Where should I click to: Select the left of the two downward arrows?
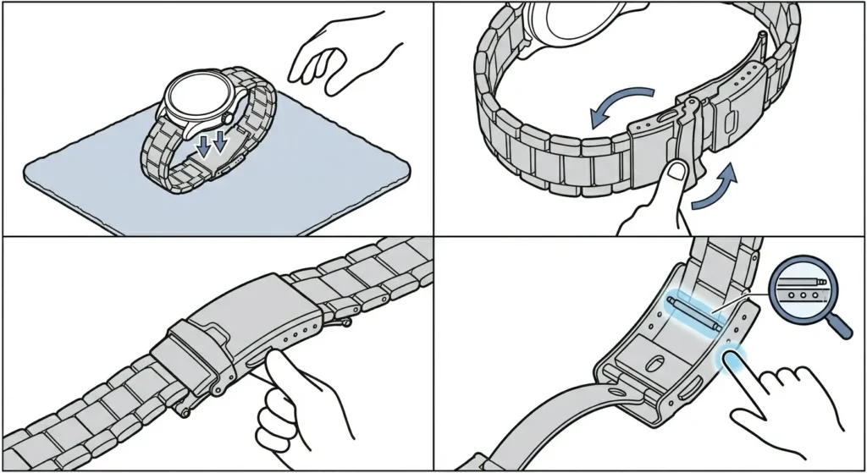(204, 146)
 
